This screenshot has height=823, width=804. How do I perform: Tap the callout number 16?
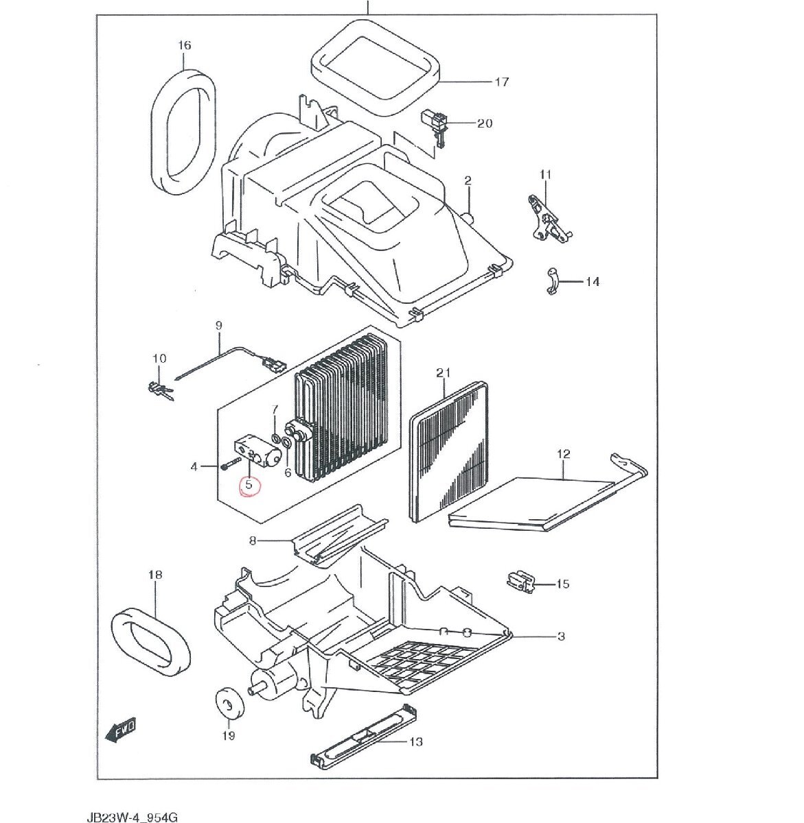pyautogui.click(x=184, y=45)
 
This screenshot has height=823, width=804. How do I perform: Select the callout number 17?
pyautogui.click(x=502, y=82)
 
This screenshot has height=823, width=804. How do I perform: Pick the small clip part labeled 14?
pyautogui.click(x=553, y=282)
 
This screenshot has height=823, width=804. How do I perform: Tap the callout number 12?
pyautogui.click(x=564, y=454)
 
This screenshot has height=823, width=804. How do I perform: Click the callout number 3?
pyautogui.click(x=561, y=636)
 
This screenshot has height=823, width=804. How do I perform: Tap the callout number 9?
pyautogui.click(x=219, y=326)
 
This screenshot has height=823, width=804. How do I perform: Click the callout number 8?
pyautogui.click(x=253, y=541)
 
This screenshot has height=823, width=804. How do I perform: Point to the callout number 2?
pyautogui.click(x=468, y=181)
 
